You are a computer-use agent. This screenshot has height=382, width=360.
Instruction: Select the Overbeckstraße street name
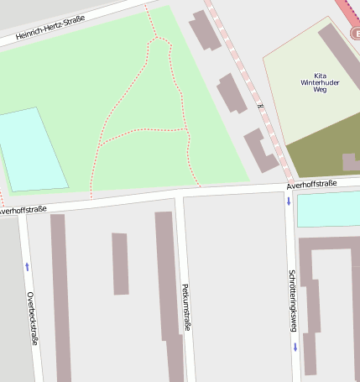(31, 318)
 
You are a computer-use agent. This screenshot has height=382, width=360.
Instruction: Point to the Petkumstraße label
(185, 307)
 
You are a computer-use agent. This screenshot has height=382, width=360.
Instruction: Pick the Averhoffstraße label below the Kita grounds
(311, 184)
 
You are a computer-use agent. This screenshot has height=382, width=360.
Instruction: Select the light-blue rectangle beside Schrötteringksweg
(328, 209)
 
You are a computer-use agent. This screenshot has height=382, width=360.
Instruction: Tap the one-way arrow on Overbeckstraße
(27, 266)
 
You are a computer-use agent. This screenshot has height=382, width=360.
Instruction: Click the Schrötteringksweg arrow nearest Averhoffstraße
(289, 201)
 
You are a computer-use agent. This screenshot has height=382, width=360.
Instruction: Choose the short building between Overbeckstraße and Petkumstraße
(120, 264)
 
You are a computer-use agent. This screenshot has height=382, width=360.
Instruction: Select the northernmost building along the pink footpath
(204, 31)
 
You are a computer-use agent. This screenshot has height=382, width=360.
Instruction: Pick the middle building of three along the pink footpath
(232, 93)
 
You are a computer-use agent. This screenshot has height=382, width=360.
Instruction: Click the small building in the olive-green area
(350, 161)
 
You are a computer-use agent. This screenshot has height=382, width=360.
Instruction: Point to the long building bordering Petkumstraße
(168, 285)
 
